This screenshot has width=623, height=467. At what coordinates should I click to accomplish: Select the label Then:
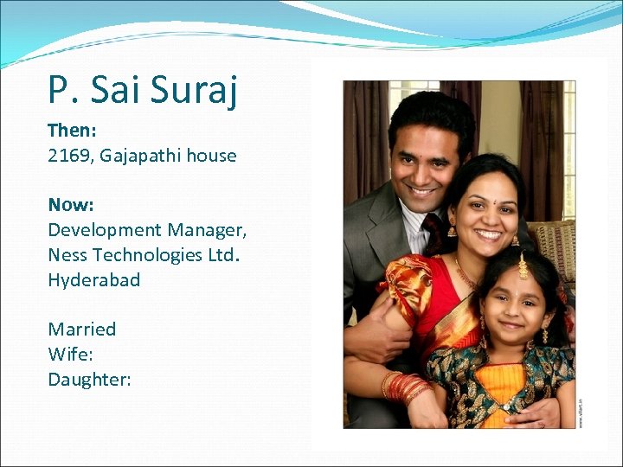(x=71, y=131)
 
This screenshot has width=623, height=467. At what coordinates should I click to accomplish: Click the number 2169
(x=70, y=156)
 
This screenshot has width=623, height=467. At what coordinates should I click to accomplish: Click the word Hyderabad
(x=93, y=280)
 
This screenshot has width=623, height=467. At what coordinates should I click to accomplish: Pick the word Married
(x=81, y=329)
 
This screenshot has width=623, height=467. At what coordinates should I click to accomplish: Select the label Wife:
(x=68, y=354)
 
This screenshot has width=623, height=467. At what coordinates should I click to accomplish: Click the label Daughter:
(x=89, y=379)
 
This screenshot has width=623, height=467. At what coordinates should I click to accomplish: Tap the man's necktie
(x=434, y=232)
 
